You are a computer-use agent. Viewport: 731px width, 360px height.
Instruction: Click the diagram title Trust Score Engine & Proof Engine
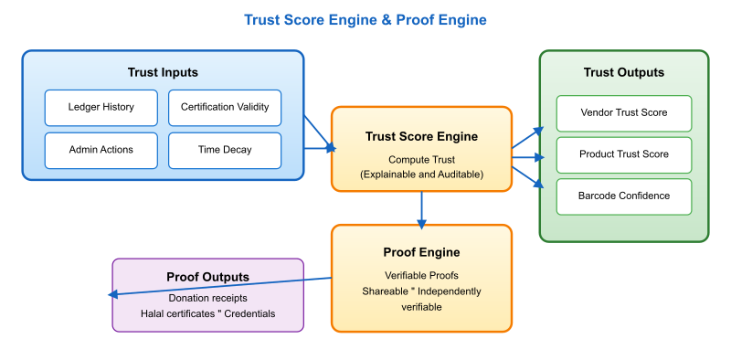coord(365,19)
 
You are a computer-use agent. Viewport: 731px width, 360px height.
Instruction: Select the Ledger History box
coord(101,107)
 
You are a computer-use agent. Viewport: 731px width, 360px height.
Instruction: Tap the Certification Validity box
coord(225,107)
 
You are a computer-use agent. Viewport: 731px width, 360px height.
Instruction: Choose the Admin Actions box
coord(101,150)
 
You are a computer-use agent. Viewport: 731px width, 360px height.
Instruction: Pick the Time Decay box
coord(225,150)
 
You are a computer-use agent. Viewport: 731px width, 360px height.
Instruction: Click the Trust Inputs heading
coord(163,72)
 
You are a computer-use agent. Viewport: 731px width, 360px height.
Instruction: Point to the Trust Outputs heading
coord(623,72)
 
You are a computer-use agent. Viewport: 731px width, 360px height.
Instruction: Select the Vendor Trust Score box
coord(623,112)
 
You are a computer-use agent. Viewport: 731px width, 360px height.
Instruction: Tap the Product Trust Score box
coord(623,154)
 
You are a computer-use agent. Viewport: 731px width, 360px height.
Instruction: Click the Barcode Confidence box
coord(623,196)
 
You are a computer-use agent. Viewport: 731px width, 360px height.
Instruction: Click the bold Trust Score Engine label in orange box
coord(421,136)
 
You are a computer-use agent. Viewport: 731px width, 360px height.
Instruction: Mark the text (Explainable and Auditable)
coord(421,174)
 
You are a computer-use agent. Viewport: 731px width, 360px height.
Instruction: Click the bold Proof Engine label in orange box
coord(421,251)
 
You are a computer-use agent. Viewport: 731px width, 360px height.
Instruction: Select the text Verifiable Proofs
coord(421,274)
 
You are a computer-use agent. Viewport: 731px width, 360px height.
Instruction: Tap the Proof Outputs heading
coord(207,277)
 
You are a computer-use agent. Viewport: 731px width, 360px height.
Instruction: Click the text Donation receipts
coord(207,298)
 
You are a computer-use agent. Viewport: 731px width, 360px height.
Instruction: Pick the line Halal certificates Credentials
coord(207,313)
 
